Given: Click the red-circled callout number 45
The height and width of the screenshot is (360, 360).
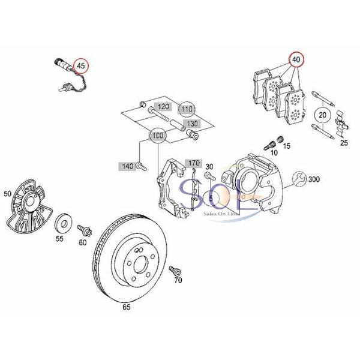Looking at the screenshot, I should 80,66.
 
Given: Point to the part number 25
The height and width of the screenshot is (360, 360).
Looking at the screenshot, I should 344,143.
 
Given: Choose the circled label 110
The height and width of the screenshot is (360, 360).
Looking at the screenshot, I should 188,110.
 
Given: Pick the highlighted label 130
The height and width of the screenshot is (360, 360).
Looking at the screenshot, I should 191,123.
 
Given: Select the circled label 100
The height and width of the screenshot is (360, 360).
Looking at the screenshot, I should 158,136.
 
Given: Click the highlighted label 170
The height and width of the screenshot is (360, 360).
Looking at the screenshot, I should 194,163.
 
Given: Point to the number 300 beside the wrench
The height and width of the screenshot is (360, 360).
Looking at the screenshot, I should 314,179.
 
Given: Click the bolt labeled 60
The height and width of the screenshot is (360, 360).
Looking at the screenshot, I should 83,229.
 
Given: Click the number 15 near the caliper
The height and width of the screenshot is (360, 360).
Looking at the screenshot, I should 286,146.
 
